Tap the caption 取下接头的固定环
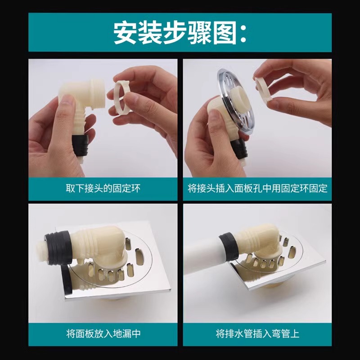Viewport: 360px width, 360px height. pos(103,188)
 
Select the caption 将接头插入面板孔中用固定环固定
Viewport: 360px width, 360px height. pos(257,188)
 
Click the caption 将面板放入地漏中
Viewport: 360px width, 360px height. pos(103,334)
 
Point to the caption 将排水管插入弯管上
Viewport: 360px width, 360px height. pos(257,334)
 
